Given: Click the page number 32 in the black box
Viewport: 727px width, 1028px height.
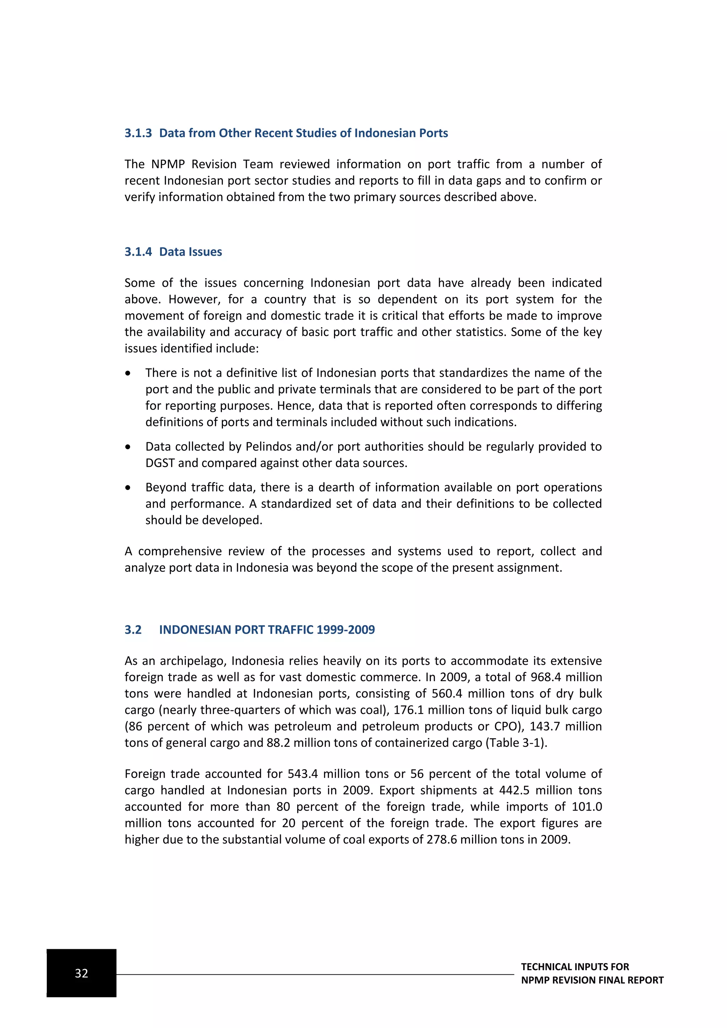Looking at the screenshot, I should (82, 973).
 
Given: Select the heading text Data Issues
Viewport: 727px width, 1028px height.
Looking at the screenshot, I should (190, 252).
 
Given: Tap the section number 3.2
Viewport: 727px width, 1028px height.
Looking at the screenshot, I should (133, 629).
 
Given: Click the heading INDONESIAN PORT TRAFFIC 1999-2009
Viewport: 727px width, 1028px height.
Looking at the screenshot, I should (267, 629).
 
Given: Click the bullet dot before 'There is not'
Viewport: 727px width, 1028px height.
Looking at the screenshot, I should (128, 373).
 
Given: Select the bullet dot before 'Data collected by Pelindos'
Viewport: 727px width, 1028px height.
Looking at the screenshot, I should (128, 447).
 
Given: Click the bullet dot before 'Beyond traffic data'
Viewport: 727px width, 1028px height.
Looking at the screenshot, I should (128, 488).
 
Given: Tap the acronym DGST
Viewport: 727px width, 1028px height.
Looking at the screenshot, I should (159, 463).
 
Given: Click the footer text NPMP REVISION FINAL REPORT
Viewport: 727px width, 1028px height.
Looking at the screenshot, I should (592, 980).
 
